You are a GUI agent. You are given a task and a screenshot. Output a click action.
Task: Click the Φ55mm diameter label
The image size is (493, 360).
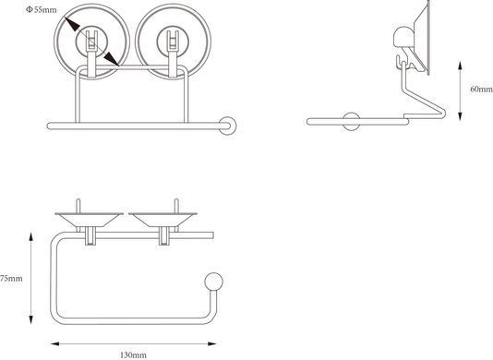(x=42, y=10)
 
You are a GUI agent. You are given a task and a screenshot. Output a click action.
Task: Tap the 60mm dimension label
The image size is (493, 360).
(x=482, y=89)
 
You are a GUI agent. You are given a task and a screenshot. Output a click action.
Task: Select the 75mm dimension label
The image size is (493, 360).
(x=11, y=278)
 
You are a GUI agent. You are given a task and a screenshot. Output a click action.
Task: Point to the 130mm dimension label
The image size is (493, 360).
(x=133, y=355)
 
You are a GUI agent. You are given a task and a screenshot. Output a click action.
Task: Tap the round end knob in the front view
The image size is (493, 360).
(x=227, y=126)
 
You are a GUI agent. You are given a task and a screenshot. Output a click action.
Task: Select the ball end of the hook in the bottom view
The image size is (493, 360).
(x=214, y=282)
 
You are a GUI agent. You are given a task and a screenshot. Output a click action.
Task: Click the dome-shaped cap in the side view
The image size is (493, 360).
(x=403, y=37)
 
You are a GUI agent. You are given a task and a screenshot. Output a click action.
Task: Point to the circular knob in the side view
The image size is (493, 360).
(x=351, y=121)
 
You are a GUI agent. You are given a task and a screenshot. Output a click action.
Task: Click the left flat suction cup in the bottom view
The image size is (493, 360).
(x=89, y=219)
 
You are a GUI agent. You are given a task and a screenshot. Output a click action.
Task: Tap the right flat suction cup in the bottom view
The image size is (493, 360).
(x=162, y=219)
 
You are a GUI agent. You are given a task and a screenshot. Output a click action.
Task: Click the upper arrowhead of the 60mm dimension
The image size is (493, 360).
(x=460, y=66)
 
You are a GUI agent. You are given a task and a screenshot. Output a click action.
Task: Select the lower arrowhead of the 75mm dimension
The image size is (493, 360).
(x=30, y=319)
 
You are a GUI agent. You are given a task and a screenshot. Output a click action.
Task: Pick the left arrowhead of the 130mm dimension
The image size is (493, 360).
(x=55, y=344)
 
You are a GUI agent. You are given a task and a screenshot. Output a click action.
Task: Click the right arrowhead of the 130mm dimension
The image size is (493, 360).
(x=211, y=344)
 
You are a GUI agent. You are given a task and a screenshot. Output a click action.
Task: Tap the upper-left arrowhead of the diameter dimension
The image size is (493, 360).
(x=72, y=24)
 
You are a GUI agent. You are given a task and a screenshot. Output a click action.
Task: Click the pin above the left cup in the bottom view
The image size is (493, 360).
(x=78, y=206)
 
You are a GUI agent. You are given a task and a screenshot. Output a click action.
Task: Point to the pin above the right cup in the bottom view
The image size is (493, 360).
(x=176, y=206)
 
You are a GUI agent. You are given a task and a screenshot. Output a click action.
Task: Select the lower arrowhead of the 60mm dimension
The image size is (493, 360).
(x=460, y=115)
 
